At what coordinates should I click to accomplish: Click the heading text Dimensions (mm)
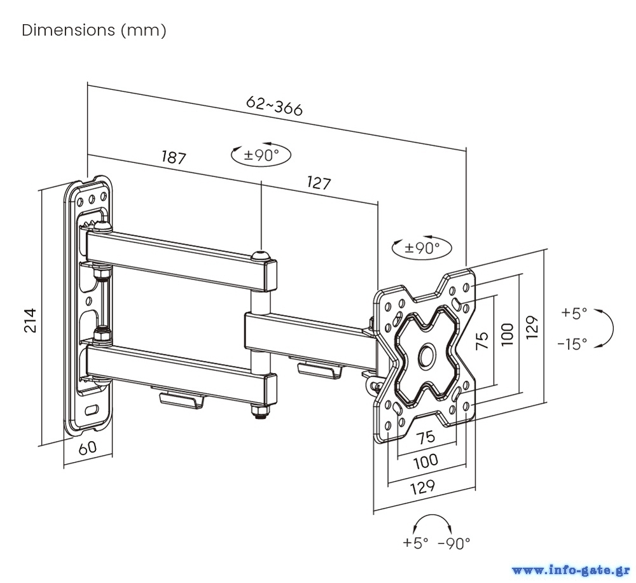pos(94,31)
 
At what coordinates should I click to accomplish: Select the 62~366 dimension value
pos(274,106)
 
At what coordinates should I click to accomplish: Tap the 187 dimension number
pos(174,157)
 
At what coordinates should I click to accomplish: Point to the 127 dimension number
pos(319,183)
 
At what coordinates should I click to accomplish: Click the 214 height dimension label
pos(30,320)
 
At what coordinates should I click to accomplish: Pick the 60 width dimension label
pos(88,447)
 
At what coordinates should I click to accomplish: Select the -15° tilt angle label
pos(572,344)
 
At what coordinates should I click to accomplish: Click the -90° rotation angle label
pos(454,543)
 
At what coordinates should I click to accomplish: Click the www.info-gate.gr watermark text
pos(570,569)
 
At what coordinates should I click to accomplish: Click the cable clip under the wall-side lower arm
pos(181,399)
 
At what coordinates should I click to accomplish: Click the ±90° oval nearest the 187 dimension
pos(259,155)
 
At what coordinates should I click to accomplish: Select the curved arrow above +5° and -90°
pos(432,521)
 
